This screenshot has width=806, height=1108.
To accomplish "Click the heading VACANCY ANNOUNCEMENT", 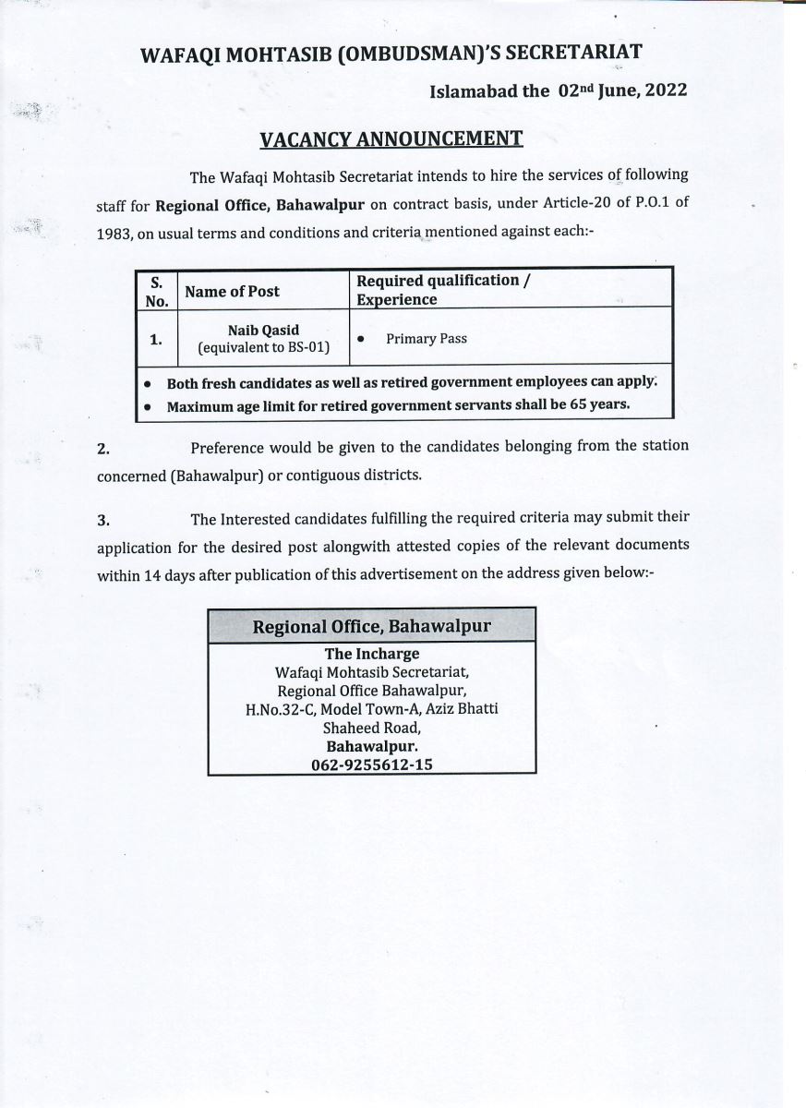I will tap(391, 139).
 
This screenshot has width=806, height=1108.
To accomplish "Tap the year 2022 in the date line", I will tap(662, 90).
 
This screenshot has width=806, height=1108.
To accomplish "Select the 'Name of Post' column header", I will tap(232, 292).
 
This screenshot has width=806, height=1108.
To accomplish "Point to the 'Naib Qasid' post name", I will tap(263, 330).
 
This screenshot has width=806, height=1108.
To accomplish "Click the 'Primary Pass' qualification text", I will tap(427, 339).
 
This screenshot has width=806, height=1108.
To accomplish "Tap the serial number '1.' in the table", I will tap(156, 340).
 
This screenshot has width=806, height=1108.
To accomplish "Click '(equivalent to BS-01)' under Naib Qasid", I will tap(264, 348).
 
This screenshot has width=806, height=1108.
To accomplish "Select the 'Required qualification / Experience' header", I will tap(444, 290).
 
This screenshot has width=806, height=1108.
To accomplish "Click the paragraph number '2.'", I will tap(103, 450).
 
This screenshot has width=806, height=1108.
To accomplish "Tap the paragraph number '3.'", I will tap(103, 520).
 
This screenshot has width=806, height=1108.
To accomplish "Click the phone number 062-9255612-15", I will tap(372, 765).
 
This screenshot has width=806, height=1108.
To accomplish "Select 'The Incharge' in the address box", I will tap(372, 655).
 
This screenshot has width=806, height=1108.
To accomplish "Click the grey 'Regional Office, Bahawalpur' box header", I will tap(372, 626).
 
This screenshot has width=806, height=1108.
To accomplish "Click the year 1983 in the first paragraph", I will tap(114, 235).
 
